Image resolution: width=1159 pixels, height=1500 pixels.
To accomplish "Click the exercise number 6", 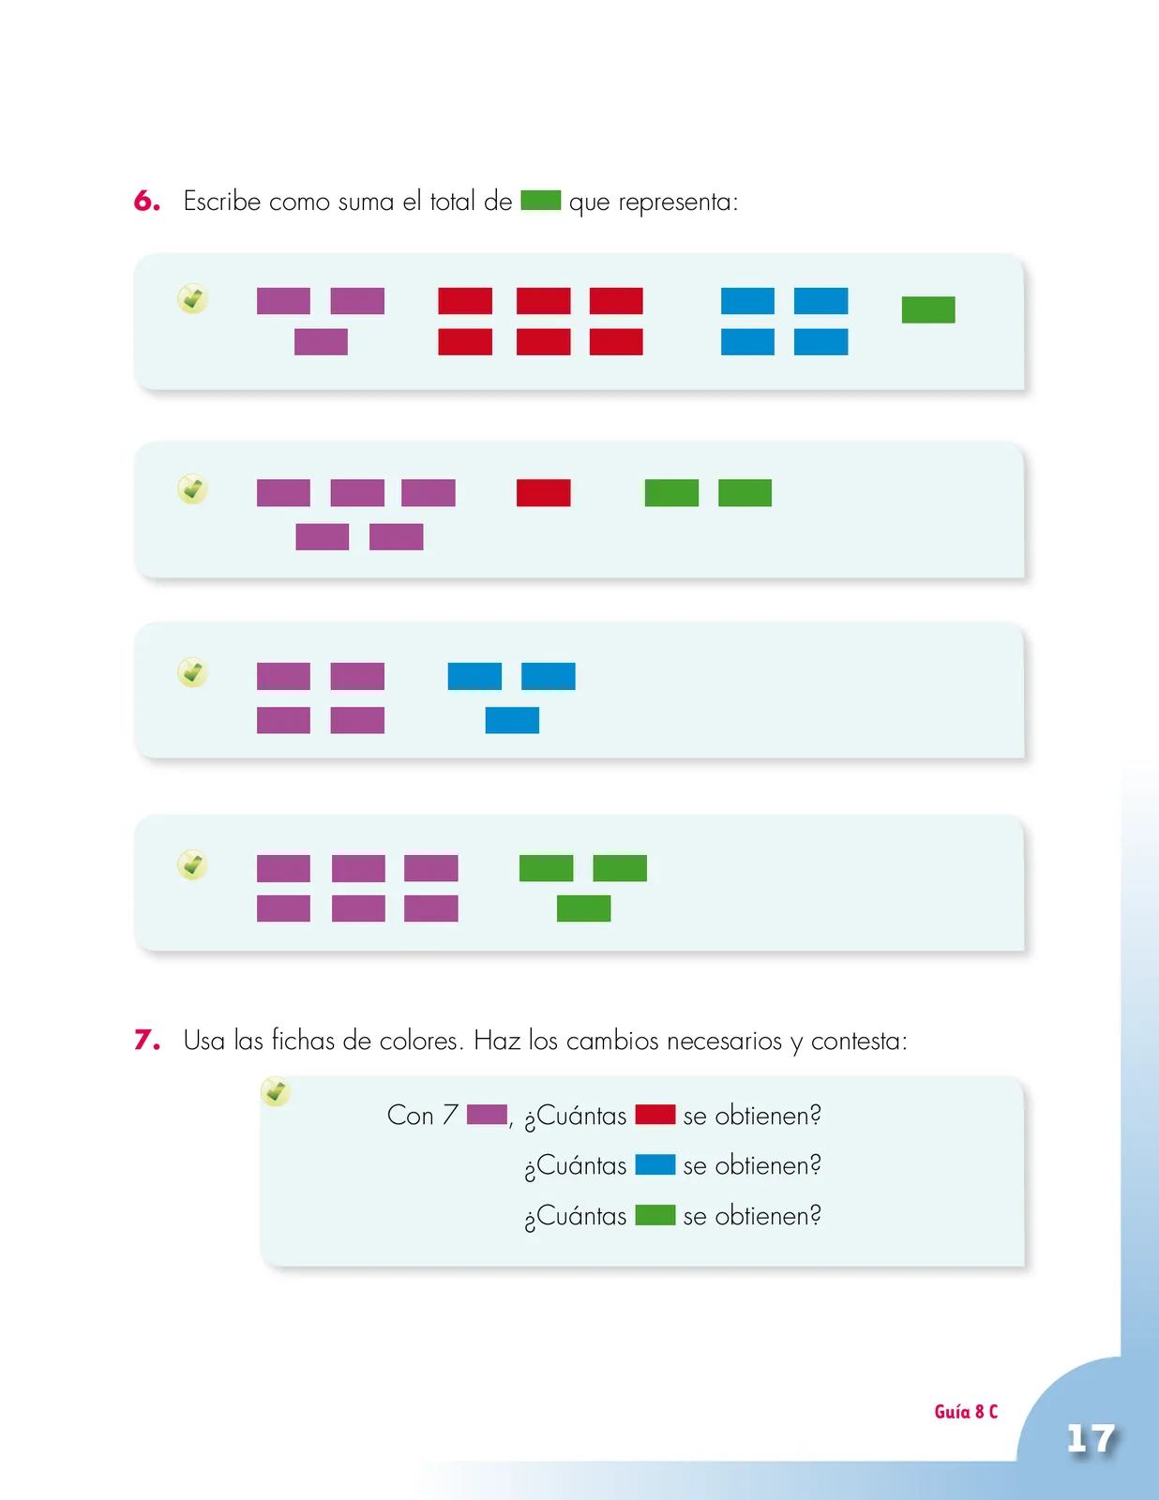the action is click(147, 202).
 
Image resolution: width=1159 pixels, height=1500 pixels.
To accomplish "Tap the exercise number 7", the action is click(147, 1041).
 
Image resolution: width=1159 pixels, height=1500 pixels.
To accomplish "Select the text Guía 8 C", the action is click(966, 1412).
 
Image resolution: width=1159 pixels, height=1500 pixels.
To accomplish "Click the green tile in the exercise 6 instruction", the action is click(540, 201).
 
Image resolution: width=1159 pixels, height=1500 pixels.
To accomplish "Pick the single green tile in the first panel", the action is click(928, 310).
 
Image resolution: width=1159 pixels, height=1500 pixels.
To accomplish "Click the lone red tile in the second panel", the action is click(543, 493).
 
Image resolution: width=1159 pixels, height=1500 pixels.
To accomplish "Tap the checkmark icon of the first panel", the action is click(192, 299).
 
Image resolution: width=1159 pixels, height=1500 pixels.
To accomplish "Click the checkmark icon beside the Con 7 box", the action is click(276, 1091).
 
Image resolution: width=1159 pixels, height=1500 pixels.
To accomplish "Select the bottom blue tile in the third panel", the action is click(512, 720).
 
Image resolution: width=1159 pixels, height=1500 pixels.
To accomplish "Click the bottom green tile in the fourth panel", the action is click(584, 908).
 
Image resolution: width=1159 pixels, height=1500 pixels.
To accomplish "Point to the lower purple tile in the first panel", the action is click(321, 341).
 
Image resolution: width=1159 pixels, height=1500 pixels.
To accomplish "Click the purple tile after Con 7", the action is click(487, 1115).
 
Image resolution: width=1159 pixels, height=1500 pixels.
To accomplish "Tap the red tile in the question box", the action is click(655, 1115).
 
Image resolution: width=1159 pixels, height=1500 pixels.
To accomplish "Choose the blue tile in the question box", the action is click(655, 1165).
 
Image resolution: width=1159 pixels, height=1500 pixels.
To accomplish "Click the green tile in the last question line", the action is click(655, 1216).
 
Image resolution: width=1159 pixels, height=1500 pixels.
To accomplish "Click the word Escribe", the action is click(221, 202).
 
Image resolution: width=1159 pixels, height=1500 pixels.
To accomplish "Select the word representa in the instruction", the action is click(674, 202).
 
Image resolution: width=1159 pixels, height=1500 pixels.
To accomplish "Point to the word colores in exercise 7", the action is click(419, 1041).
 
